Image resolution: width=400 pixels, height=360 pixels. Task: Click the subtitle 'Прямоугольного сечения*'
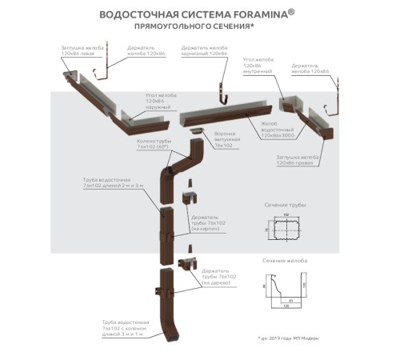pyautogui.click(x=200, y=26)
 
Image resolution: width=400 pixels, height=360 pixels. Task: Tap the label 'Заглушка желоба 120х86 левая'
pyautogui.click(x=81, y=52)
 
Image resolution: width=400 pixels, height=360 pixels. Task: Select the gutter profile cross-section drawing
pyautogui.click(x=286, y=288)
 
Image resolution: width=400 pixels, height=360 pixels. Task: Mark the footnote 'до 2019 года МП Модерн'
pyautogui.click(x=290, y=338)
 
